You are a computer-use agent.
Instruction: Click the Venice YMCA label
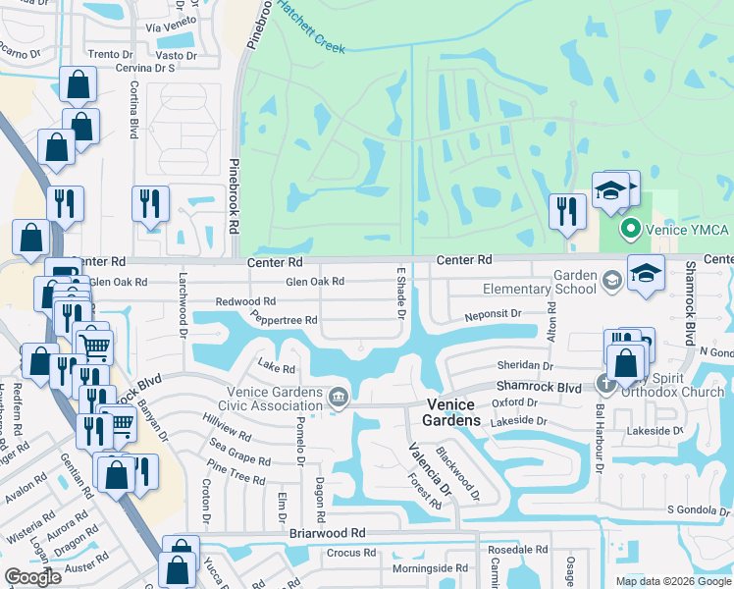[686, 231]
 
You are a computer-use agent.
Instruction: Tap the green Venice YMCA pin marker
[632, 231]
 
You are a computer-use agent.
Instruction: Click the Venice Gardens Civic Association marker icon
[338, 397]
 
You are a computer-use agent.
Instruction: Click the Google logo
[32, 577]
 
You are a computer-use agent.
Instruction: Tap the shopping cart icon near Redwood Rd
[95, 346]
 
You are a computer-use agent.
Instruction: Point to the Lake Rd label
[276, 367]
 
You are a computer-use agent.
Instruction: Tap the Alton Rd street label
[551, 321]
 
